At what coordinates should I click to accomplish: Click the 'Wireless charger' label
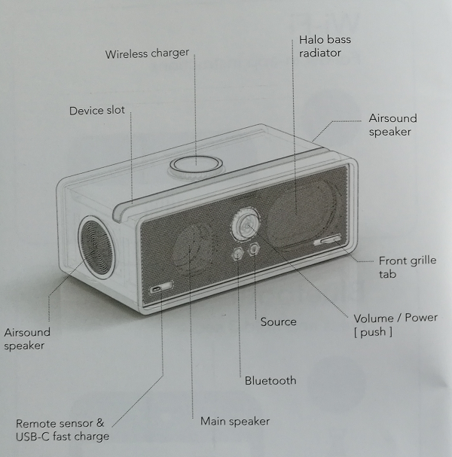click(147, 53)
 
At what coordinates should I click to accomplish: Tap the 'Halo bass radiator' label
click(325, 46)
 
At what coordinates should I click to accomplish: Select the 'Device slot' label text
click(97, 111)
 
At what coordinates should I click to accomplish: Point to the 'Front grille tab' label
click(408, 267)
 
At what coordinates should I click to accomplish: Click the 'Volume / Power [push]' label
click(395, 324)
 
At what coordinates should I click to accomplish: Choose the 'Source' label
click(278, 321)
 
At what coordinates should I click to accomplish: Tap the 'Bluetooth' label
click(270, 381)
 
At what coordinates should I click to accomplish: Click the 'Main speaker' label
click(235, 421)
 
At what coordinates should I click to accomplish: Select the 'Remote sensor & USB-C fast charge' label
click(63, 430)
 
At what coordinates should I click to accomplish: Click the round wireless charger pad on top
click(196, 165)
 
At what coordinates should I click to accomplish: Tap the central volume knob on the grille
click(246, 224)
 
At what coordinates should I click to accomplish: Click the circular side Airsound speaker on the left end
click(96, 248)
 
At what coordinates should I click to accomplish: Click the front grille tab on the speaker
click(328, 240)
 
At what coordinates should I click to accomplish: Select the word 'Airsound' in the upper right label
click(392, 118)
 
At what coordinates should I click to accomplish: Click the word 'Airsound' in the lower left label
click(27, 332)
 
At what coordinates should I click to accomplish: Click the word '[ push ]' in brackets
click(373, 332)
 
